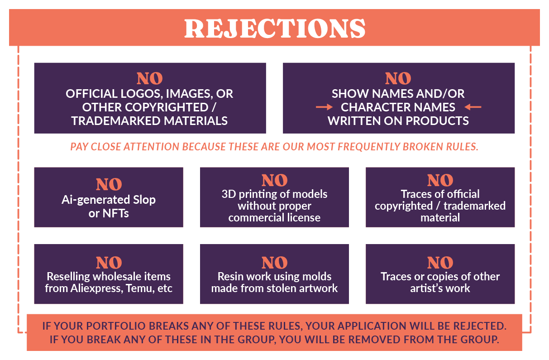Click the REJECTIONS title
(275, 28)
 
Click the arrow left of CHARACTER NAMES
(324, 107)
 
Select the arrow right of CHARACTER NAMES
(473, 107)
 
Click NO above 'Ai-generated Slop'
(109, 184)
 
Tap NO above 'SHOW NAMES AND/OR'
(398, 79)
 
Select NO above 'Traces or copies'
(440, 263)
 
